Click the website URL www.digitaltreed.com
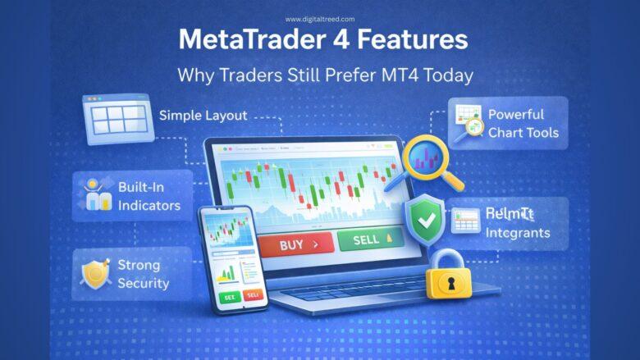pyautogui.click(x=319, y=19)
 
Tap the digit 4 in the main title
pyautogui.click(x=360, y=41)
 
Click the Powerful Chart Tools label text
pyautogui.click(x=523, y=124)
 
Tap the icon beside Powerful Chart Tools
pyautogui.click(x=468, y=123)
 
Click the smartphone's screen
pyautogui.click(x=232, y=257)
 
